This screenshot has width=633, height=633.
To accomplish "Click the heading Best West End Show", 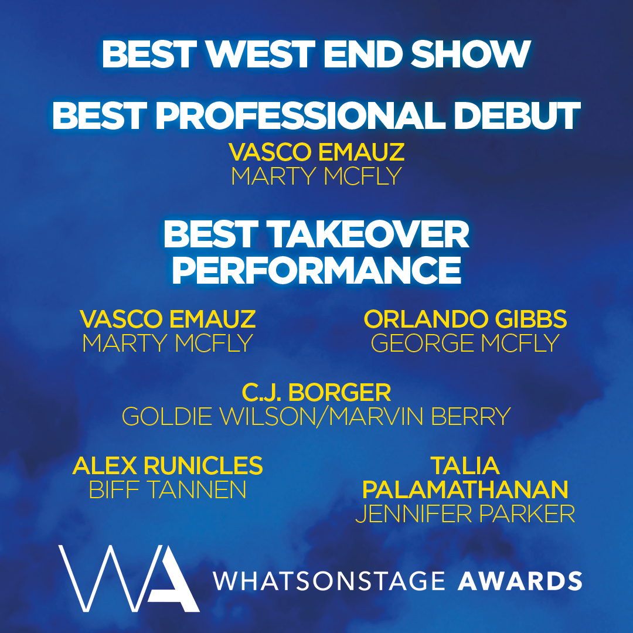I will pos(316,55).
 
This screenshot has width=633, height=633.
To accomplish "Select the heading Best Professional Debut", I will pos(316,115).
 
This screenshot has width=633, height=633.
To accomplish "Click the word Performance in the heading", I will pos(316,270).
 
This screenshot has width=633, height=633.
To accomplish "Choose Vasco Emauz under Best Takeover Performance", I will pos(168,319).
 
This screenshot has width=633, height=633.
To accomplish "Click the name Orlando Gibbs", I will pos(465,319).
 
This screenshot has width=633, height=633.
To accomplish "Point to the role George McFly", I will pos(465,343).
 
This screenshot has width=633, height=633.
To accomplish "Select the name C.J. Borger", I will pos(316,392).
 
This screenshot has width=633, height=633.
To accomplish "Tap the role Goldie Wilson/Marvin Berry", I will pos(316,417).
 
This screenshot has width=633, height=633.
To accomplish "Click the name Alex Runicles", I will pos(168,466).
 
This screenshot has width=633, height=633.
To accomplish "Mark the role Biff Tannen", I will pos(168,490).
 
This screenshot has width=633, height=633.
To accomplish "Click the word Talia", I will pos(465,466).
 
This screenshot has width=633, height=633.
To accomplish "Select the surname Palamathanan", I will pos(465,489).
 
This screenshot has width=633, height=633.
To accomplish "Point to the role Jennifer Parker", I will pos(465,514).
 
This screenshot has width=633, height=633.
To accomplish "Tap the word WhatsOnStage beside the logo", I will pos(328,580).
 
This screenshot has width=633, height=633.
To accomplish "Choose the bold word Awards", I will pos(519,580).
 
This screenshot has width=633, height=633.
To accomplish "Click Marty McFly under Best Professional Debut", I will pos(316,176).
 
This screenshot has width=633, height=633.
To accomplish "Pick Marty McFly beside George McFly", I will pos(168,343).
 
